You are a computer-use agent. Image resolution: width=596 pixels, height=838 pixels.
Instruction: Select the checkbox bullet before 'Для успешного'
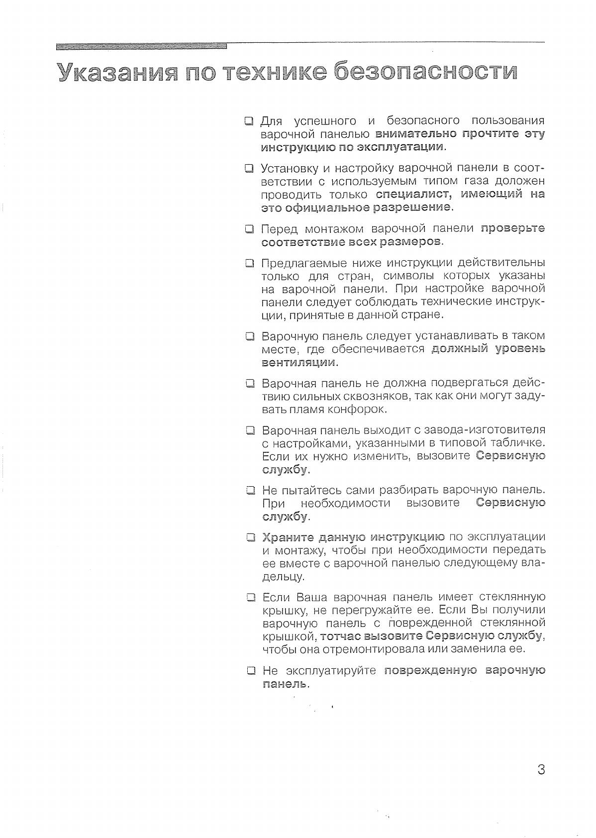tap(249, 121)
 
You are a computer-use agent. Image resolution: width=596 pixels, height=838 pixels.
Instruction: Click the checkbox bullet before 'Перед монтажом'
tap(249, 229)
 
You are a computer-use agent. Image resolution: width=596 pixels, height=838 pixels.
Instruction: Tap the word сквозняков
tap(368, 397)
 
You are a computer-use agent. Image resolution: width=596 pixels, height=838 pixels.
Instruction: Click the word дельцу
tap(283, 577)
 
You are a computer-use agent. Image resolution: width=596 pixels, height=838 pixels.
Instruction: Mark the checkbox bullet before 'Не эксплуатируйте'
tap(251, 671)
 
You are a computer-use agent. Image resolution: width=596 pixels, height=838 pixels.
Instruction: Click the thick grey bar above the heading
tap(141, 46)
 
